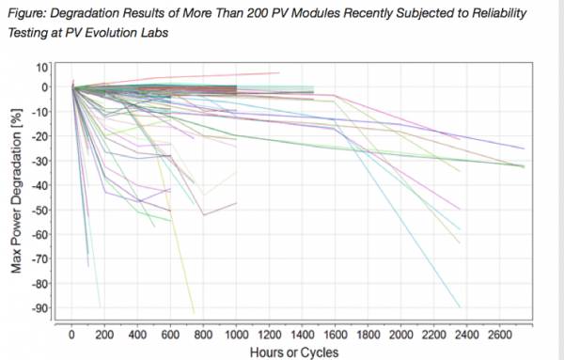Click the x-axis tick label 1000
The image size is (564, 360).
click(236, 334)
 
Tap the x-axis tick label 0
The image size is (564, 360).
click(71, 334)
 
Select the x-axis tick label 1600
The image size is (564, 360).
click(336, 334)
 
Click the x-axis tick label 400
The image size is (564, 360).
click(137, 334)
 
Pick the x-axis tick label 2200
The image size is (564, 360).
click(434, 334)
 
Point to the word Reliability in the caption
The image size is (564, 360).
click(523, 10)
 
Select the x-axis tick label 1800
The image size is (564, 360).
click(368, 334)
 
